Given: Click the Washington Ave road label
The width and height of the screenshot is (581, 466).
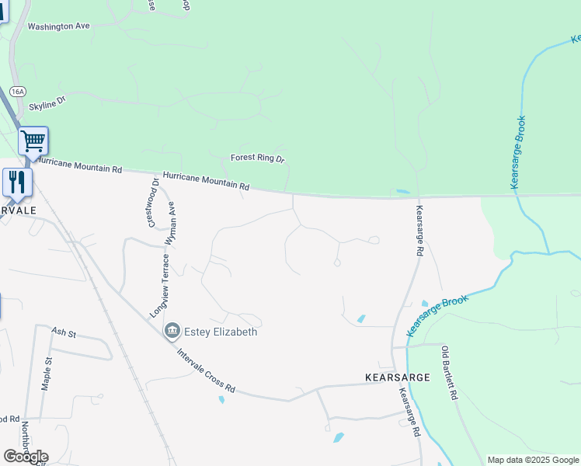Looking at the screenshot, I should click(59, 26).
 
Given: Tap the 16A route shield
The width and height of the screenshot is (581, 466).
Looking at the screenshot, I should click(17, 92).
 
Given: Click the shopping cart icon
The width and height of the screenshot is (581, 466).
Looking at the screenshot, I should click(33, 141).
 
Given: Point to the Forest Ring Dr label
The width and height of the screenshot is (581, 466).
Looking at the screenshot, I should click(258, 158).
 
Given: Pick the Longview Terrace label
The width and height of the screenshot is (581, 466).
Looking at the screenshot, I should click(159, 287).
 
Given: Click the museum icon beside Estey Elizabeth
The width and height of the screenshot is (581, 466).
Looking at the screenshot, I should click(172, 332).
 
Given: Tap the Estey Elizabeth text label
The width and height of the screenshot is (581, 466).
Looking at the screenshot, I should click(221, 332).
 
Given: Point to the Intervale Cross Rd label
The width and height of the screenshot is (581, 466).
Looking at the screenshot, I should click(206, 370).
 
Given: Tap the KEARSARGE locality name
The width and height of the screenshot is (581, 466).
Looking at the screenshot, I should click(398, 377).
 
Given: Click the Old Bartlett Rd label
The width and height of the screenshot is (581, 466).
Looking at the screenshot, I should click(448, 373).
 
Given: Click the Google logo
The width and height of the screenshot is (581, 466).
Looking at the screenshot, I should click(26, 456).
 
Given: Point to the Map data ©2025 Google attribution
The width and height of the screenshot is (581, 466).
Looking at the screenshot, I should click(533, 460).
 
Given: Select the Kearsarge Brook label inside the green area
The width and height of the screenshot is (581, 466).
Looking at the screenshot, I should click(519, 152).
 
